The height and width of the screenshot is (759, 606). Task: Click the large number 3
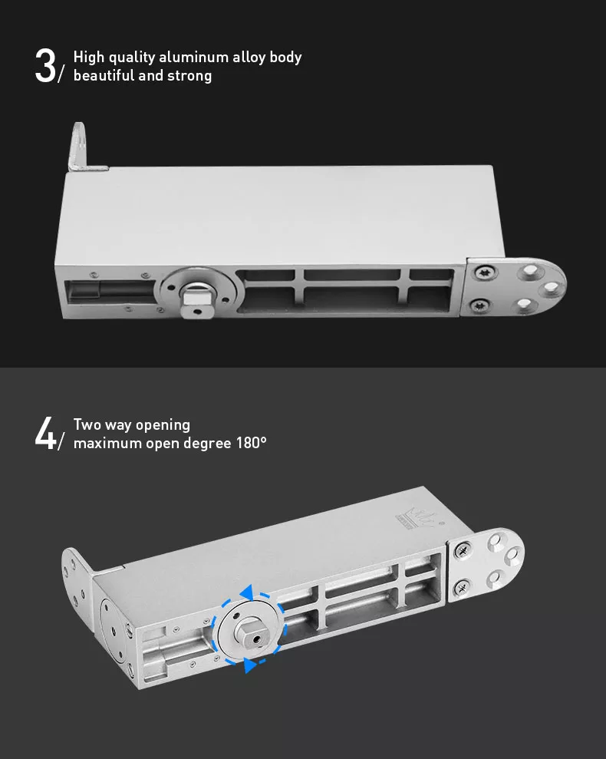click(45, 66)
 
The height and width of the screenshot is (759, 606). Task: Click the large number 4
click(45, 434)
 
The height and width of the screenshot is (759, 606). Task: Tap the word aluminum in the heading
click(193, 57)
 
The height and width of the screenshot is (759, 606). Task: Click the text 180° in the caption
click(251, 443)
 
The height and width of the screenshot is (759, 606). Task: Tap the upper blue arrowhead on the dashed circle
click(247, 592)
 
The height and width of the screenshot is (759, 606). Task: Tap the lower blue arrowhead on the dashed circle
click(249, 665)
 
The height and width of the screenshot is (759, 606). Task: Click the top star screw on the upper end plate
click(483, 272)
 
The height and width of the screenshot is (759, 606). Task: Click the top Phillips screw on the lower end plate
click(463, 550)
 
